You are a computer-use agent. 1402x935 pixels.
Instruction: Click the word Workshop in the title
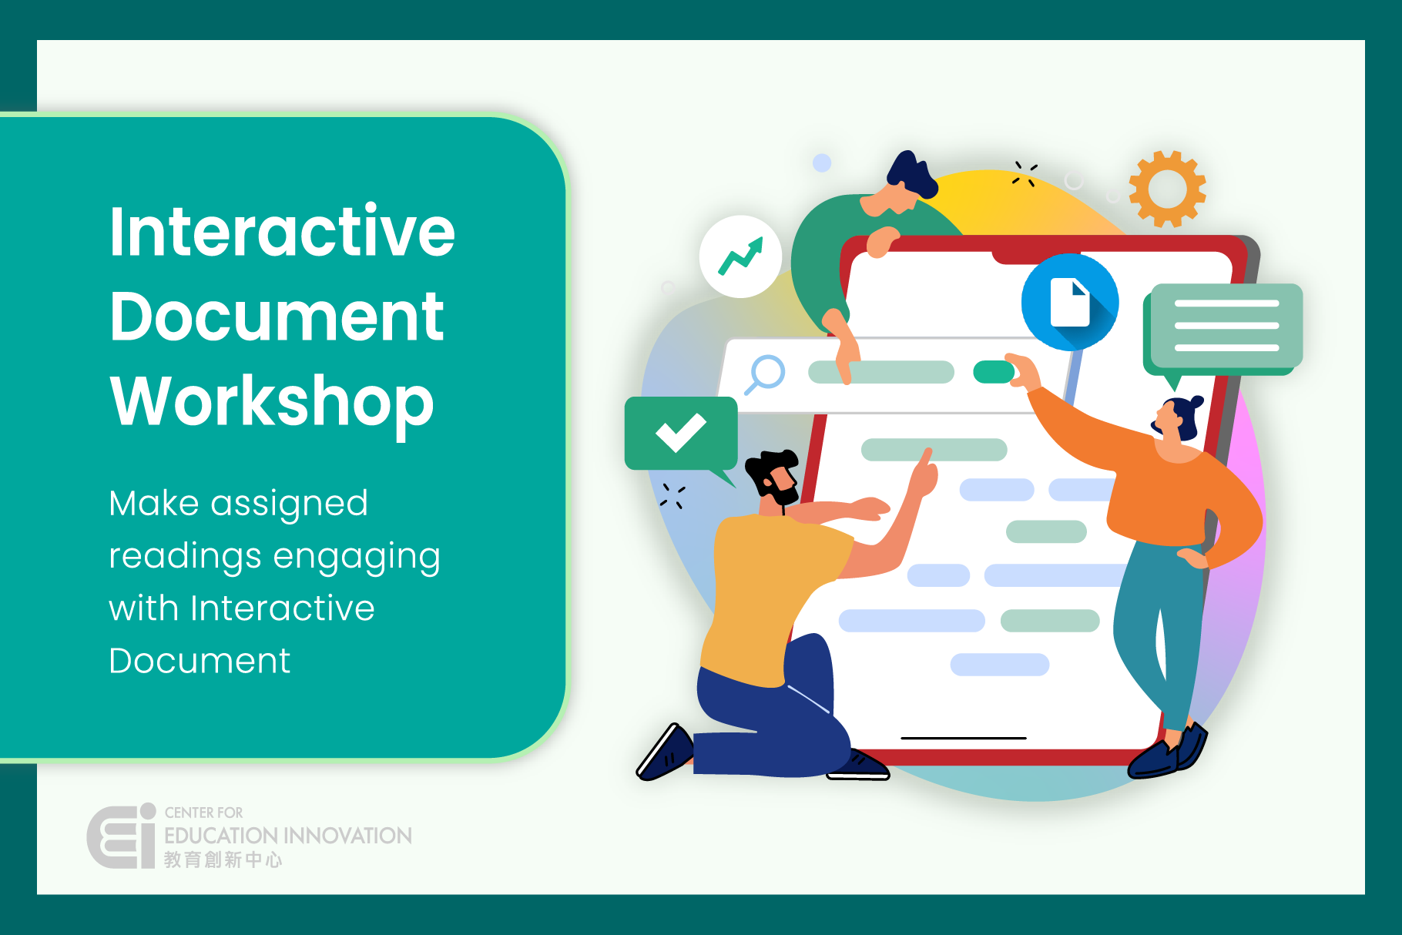tap(272, 401)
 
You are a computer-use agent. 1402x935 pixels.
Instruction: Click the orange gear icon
tap(1167, 189)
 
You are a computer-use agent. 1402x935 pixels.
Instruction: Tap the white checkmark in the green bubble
tap(681, 432)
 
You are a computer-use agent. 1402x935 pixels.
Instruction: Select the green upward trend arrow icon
tap(740, 256)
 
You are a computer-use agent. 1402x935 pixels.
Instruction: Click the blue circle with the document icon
tap(1070, 302)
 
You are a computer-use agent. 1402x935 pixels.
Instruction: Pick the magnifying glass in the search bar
tap(764, 374)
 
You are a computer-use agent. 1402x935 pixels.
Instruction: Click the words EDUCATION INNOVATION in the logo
tap(288, 836)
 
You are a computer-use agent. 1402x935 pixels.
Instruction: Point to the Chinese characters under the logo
tap(223, 860)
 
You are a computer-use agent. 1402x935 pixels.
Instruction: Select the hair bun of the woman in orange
tap(1196, 402)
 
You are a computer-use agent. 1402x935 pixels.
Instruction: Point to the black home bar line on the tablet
tap(964, 738)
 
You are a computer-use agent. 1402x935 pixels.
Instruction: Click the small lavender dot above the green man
tap(822, 163)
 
